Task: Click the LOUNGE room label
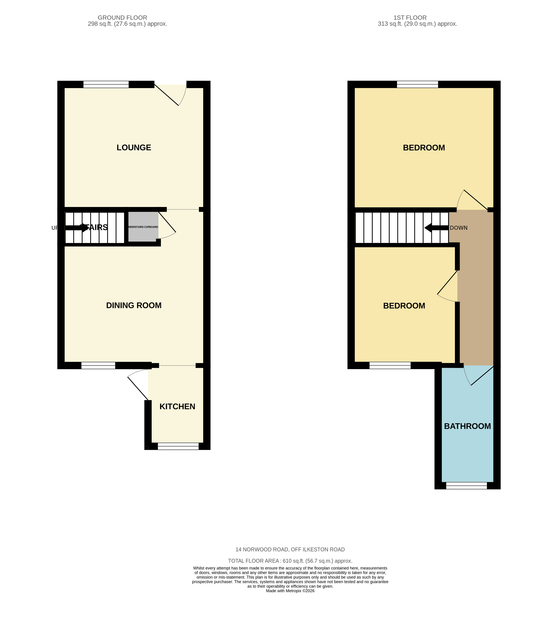tap(134, 148)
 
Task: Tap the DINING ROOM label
tap(134, 305)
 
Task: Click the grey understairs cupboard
tap(143, 227)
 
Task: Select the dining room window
tap(98, 365)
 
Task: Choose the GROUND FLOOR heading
tap(122, 18)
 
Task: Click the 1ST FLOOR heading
tap(410, 18)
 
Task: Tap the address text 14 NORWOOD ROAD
tap(290, 550)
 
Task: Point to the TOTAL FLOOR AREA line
tap(290, 561)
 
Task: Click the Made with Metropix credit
tap(290, 591)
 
